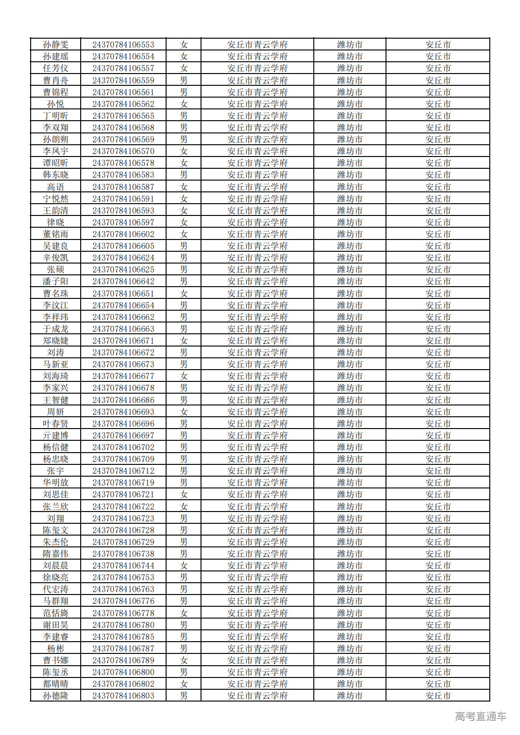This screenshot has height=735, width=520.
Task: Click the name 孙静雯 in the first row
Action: [x=56, y=45]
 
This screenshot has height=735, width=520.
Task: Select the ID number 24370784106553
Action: [x=123, y=45]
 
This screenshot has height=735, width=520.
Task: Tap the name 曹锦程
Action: [x=56, y=92]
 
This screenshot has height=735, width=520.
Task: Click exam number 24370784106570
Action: [x=123, y=151]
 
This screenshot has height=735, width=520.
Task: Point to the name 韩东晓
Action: [x=56, y=175]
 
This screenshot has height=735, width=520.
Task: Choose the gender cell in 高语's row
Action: [x=184, y=187]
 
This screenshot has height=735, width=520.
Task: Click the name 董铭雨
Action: [x=56, y=234]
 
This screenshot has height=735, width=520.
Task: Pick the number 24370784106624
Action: [x=123, y=258]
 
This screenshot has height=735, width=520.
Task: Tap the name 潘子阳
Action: [x=56, y=281]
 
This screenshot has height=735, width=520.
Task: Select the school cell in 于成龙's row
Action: [x=257, y=329]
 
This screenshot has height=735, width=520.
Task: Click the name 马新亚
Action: [x=56, y=364]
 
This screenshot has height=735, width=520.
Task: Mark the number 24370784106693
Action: [x=123, y=412]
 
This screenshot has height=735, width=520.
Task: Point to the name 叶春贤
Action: [x=56, y=424]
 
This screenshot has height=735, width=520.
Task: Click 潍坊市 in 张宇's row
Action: [x=350, y=471]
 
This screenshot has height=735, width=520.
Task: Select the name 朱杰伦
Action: [x=56, y=542]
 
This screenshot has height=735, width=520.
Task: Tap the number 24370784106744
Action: [x=123, y=566]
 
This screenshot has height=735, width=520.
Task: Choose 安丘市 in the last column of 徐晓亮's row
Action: [x=438, y=578]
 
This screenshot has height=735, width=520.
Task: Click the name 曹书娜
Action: [x=56, y=661]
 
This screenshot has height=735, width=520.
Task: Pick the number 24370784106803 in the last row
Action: [x=123, y=696]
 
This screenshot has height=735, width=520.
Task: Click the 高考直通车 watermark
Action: [x=480, y=717]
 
